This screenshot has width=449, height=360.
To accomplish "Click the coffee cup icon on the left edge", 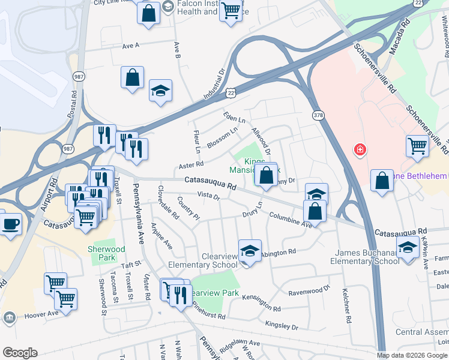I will point(10,224).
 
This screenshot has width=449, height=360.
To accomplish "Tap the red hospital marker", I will point(360,149).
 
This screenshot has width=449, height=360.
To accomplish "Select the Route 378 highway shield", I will point(318,114).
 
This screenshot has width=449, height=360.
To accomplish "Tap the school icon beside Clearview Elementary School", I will point(250,251).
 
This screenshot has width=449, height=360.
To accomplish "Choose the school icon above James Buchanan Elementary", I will point(408,247).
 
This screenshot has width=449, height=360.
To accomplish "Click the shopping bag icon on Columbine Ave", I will point(315,211).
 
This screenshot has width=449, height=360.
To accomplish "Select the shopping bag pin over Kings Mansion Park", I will point(267,175).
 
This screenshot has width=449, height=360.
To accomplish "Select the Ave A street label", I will point(130,45).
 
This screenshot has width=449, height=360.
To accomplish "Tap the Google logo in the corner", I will point(20,353).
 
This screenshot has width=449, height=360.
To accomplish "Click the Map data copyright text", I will point(411,355).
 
